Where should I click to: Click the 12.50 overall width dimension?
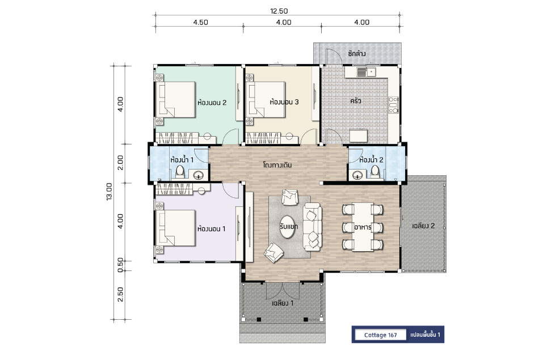click(279, 11)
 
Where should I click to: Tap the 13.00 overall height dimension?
click(109, 192)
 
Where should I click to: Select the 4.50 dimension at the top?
click(200, 22)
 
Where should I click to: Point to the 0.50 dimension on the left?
click(120, 265)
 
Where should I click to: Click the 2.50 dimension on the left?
click(120, 294)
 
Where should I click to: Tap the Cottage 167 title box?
click(380, 335)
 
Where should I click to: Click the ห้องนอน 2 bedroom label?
click(212, 103)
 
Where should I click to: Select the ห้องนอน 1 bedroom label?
click(211, 228)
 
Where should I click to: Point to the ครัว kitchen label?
click(355, 101)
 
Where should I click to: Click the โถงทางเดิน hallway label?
click(277, 165)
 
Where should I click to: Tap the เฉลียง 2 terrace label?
click(423, 226)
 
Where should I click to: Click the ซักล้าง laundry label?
click(357, 54)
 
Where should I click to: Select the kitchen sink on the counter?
click(367, 73)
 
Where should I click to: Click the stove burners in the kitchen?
click(394, 105)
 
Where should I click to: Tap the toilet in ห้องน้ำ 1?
click(180, 171)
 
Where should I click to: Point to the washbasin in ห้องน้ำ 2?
click(357, 175)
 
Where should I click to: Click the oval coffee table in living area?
click(289, 227)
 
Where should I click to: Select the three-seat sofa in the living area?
click(313, 227)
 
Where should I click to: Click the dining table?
click(363, 227)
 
